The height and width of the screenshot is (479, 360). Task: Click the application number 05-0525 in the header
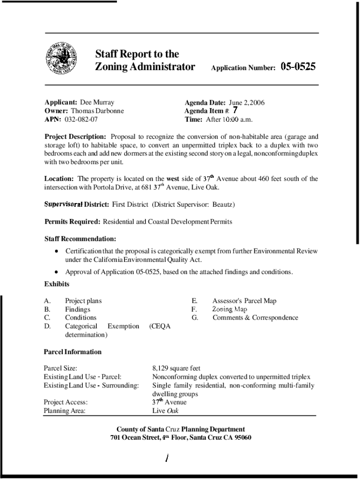298,67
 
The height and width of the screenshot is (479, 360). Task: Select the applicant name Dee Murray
97,102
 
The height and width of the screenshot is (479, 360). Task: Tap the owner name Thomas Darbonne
97,111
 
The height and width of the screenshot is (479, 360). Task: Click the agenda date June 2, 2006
246,102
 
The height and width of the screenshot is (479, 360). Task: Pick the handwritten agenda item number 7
235,110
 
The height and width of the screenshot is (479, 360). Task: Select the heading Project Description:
75,137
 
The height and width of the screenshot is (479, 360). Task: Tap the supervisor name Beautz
223,205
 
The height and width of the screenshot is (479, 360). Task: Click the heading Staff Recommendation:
80,239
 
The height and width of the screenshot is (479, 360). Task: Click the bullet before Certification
56,251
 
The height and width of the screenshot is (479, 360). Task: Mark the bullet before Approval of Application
56,272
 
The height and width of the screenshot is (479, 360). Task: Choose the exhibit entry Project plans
83,301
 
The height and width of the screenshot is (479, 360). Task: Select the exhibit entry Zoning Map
230,309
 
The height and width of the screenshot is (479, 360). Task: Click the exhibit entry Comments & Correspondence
255,318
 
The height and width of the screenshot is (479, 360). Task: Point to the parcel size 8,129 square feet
176,369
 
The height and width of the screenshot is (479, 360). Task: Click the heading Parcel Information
72,352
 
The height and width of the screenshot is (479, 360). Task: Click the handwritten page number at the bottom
166,458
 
